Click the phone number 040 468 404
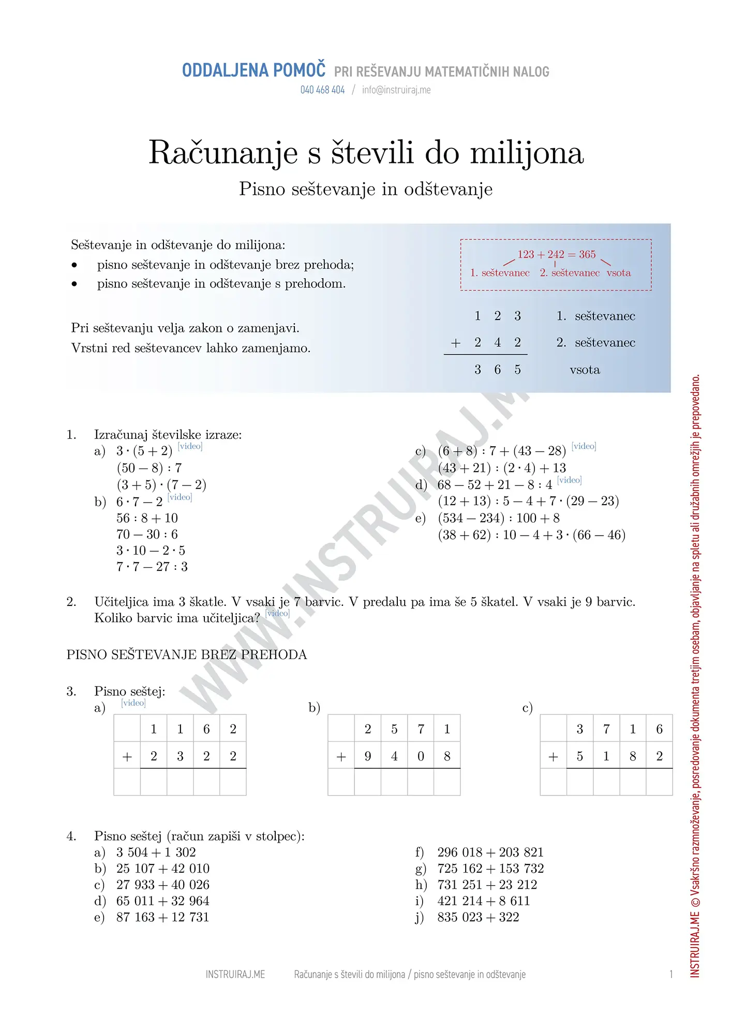click(x=322, y=90)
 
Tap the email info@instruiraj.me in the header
click(x=396, y=90)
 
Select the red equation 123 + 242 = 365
click(x=556, y=254)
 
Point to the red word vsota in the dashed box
click(x=619, y=273)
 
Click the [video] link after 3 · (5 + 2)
click(x=190, y=446)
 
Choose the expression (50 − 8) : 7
click(x=149, y=468)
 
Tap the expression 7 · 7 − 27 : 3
click(x=152, y=567)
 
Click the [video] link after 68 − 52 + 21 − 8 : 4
click(x=569, y=480)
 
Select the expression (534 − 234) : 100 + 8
click(x=498, y=518)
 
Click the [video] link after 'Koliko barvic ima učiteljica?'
click(x=277, y=613)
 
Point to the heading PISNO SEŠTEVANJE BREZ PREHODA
click(x=186, y=655)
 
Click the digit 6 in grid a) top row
click(x=206, y=729)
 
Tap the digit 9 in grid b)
click(x=368, y=756)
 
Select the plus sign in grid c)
click(x=553, y=757)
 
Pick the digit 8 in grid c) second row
click(x=633, y=756)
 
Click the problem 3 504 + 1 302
click(x=156, y=853)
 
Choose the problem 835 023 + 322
click(x=478, y=918)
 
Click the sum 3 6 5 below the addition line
click(x=497, y=370)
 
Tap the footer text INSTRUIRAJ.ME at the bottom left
click(x=235, y=975)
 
